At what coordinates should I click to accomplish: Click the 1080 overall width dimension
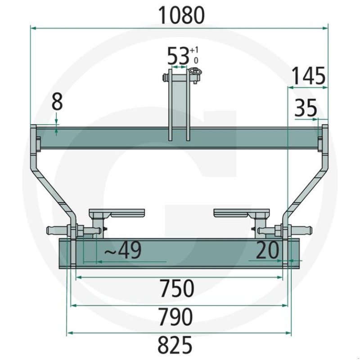tap(181, 15)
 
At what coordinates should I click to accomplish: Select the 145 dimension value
tap(309, 76)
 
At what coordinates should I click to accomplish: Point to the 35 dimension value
tap(306, 108)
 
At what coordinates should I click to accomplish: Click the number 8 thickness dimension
tap(57, 102)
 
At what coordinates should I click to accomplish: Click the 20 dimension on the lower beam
tap(267, 250)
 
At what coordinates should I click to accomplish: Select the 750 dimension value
tap(177, 288)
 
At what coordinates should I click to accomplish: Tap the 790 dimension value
tap(176, 317)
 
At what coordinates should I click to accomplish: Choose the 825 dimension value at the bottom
tap(175, 345)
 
